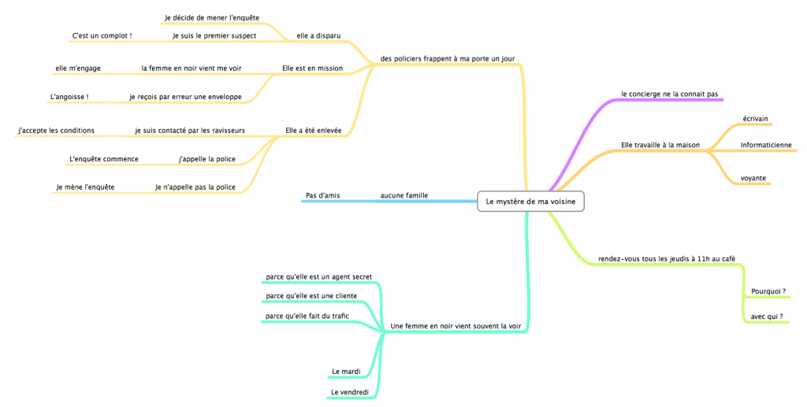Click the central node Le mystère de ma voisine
[x=530, y=202]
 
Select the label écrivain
[x=756, y=118]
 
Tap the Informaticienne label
[x=766, y=145]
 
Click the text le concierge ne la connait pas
[x=669, y=94]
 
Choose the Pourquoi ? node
[x=768, y=291]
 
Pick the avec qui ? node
[x=766, y=316]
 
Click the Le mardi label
[x=345, y=372]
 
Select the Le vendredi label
[x=349, y=392]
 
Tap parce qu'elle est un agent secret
[x=318, y=276]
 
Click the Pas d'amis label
[x=322, y=195]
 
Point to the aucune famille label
[x=404, y=195]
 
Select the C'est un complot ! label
[x=102, y=35]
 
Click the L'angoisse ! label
[x=69, y=97]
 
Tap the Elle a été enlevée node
[x=313, y=131]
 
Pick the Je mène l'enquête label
[x=85, y=187]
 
